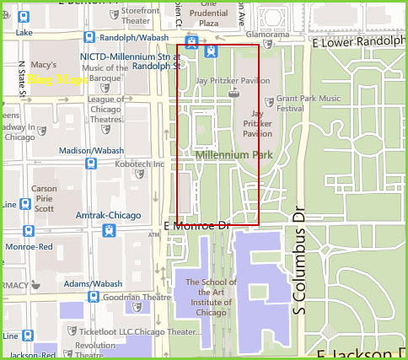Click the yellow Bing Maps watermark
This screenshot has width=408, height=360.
[x=56, y=80]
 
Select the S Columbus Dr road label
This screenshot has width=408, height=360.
[x=298, y=261]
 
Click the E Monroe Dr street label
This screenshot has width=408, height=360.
[x=196, y=226]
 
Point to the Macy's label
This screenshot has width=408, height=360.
[x=42, y=65]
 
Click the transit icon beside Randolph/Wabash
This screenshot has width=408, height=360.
[x=89, y=36]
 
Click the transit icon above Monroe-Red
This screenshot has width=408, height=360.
[x=28, y=230]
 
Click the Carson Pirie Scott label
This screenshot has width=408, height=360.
[x=44, y=198]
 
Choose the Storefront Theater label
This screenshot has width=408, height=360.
[x=140, y=14]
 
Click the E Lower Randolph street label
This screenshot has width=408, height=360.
[x=358, y=41]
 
